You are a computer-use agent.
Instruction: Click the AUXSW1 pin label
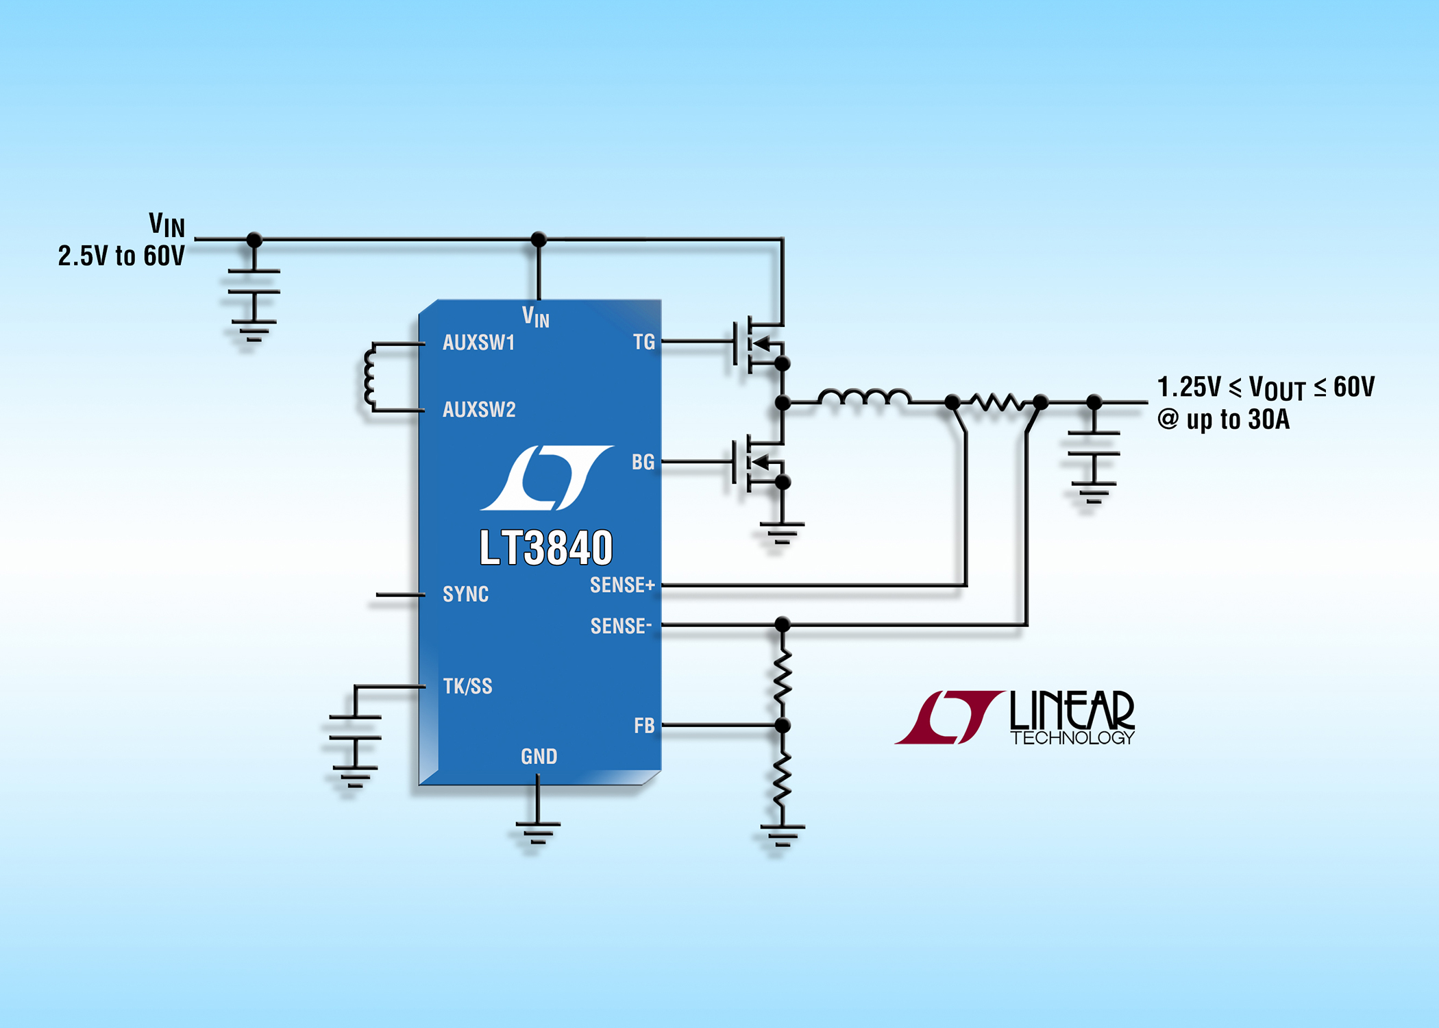coord(478,342)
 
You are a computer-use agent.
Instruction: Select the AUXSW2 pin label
coord(479,409)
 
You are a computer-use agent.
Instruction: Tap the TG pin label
coord(643,341)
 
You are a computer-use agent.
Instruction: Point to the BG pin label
coord(643,462)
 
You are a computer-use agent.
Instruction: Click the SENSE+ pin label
coord(622,585)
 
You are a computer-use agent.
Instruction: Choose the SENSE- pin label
coord(621,626)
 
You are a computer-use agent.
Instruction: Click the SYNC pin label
coord(465,593)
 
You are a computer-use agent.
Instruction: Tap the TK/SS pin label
coord(467,686)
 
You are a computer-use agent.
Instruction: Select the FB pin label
coord(643,725)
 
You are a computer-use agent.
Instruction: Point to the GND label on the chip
coord(539,756)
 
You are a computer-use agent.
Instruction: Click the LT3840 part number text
coord(545,548)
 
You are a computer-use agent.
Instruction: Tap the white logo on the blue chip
coord(546,478)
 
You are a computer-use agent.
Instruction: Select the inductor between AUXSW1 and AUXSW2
coord(370,377)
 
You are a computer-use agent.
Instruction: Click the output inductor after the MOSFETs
coord(863,397)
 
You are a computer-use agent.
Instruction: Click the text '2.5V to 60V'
coord(121,256)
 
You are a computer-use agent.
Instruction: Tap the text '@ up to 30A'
coord(1223,419)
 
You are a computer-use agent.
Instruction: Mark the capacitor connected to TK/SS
coord(355,727)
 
